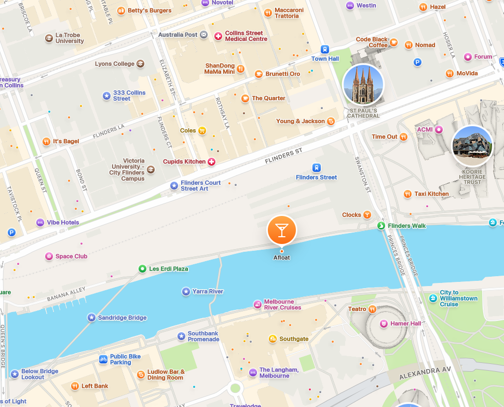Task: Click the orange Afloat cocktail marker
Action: coord(281,230)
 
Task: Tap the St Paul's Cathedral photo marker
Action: coord(363,85)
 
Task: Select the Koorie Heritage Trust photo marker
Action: coord(472,146)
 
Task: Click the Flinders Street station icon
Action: coord(316,168)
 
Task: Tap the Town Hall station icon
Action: coord(325,50)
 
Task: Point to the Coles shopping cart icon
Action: coord(202,130)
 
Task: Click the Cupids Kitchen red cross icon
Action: coord(211,162)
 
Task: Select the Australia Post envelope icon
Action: coord(203,35)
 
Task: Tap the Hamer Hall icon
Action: coord(384,324)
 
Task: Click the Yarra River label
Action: coord(208,292)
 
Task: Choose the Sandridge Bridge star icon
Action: coord(91,318)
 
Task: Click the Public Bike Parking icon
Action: coord(103,359)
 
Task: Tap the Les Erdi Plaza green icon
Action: coord(142,269)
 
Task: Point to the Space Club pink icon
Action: coord(49,256)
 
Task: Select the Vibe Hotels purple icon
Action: coord(40,223)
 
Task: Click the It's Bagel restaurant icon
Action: coord(46,141)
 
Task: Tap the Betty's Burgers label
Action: coord(149,10)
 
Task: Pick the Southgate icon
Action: coord(273,339)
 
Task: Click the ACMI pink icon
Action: coord(439,129)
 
